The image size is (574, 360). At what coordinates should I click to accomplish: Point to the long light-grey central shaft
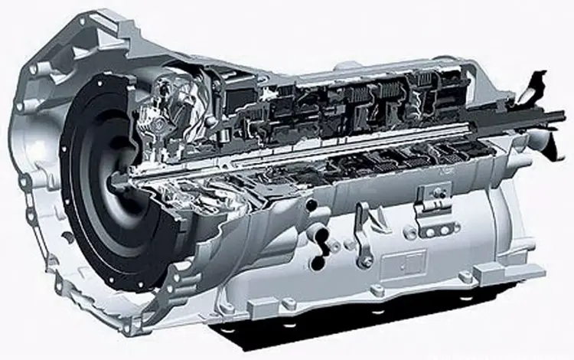point(306,157)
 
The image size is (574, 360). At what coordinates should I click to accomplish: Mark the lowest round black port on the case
point(316,264)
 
